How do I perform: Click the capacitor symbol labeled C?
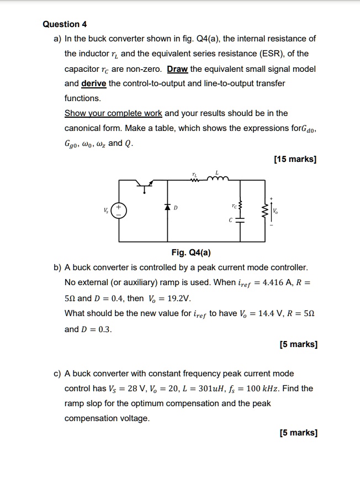pyautogui.click(x=240, y=220)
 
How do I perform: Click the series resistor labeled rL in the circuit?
pyautogui.click(x=194, y=179)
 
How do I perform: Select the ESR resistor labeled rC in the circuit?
pyautogui.click(x=240, y=206)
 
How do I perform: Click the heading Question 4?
pyautogui.click(x=65, y=24)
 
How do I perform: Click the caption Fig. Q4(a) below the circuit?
pyautogui.click(x=191, y=253)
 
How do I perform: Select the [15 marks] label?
pyautogui.click(x=295, y=160)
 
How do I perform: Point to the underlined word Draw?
pyautogui.click(x=177, y=69)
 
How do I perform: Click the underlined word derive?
pyautogui.click(x=94, y=83)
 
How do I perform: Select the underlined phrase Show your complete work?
pyautogui.click(x=113, y=113)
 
